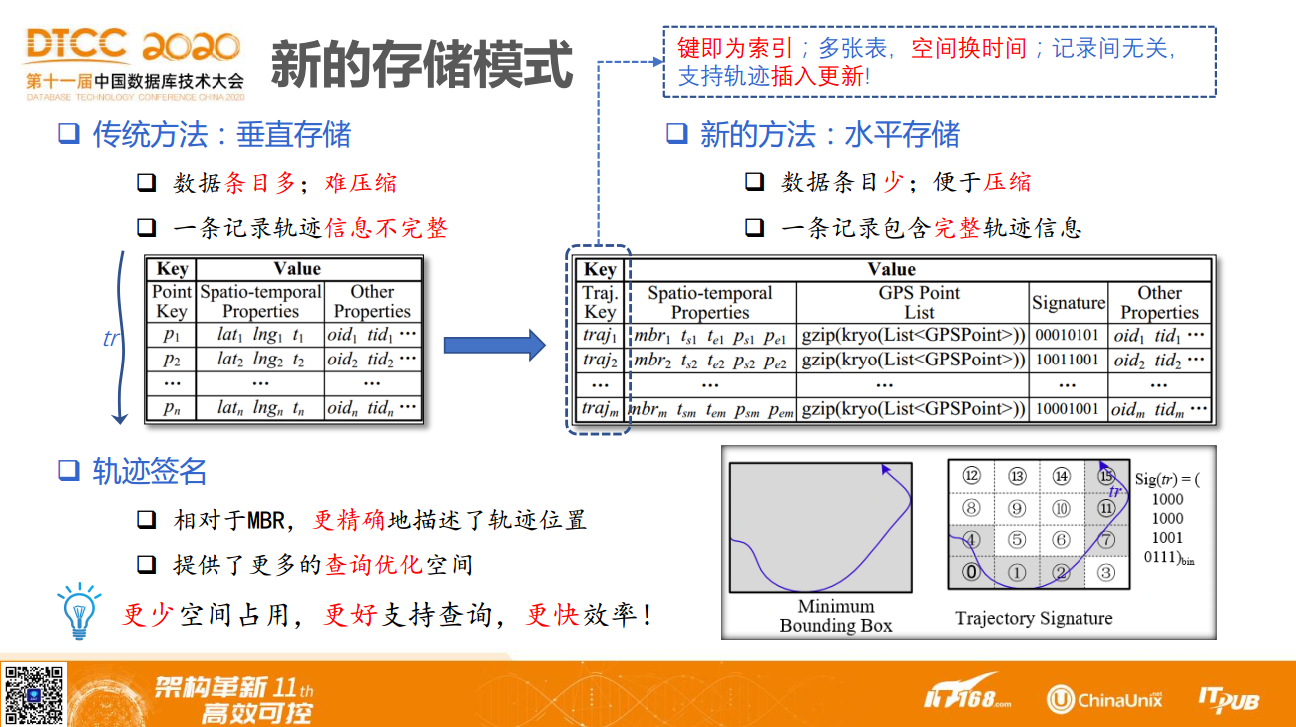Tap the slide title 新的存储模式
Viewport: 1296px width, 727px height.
click(x=422, y=64)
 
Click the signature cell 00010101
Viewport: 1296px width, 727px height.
click(x=1067, y=335)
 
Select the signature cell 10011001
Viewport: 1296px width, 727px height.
click(x=1067, y=360)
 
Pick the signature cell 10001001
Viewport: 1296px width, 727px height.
click(x=1067, y=409)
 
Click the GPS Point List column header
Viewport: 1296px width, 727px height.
click(x=919, y=302)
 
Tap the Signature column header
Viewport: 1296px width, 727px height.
click(x=1069, y=302)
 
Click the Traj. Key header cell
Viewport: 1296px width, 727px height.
click(x=600, y=302)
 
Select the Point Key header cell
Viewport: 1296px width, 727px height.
click(x=172, y=301)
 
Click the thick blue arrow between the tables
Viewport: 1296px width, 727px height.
click(x=494, y=345)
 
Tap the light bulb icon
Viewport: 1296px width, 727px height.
click(x=79, y=611)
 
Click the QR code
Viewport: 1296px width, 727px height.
click(x=34, y=695)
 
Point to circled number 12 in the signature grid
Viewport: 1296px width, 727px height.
click(x=971, y=476)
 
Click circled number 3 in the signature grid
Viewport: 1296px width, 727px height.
click(x=1105, y=573)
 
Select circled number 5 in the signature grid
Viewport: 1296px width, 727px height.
click(x=1016, y=540)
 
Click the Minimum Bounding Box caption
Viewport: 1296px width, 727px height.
click(x=835, y=616)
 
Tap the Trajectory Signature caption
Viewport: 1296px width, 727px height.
click(x=1034, y=618)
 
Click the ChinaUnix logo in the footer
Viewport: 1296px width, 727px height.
click(x=1103, y=699)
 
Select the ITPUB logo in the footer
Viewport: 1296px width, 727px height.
click(x=1229, y=699)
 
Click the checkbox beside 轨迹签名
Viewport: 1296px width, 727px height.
click(x=68, y=470)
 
